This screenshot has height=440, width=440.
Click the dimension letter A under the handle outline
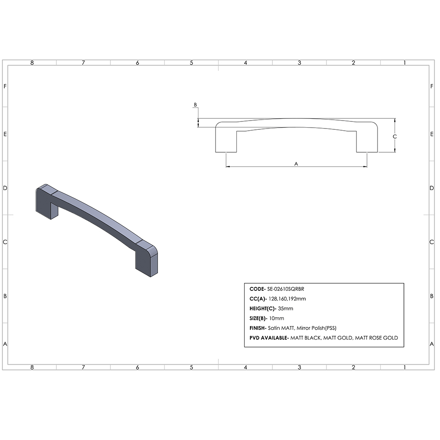click(296, 163)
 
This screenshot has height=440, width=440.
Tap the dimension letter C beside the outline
click(395, 137)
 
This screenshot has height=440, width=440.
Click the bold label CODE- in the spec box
click(257, 290)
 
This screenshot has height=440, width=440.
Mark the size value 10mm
click(277, 319)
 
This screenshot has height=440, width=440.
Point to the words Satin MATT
click(280, 328)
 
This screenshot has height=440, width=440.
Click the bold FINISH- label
click(257, 328)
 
